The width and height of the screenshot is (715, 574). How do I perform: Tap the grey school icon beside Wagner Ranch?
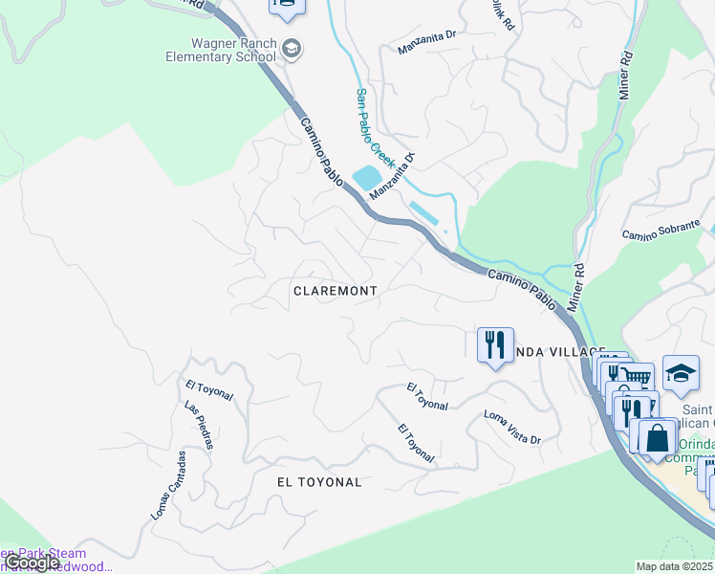pos(292,49)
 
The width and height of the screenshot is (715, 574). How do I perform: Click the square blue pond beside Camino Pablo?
pos(367,178)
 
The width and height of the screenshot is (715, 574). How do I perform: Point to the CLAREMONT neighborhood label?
pos(335,290)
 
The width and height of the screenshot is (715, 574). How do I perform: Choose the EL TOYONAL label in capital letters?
pos(319,482)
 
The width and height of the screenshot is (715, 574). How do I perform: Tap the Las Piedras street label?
pos(198,425)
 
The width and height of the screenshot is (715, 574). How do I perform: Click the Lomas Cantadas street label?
pos(168,485)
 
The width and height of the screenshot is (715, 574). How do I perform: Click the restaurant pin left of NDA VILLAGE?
pos(494,344)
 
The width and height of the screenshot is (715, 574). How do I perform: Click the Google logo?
pos(32,563)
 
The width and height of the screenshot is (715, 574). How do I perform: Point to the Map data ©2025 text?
pos(674,566)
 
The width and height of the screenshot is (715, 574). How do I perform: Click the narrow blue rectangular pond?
pos(423,213)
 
